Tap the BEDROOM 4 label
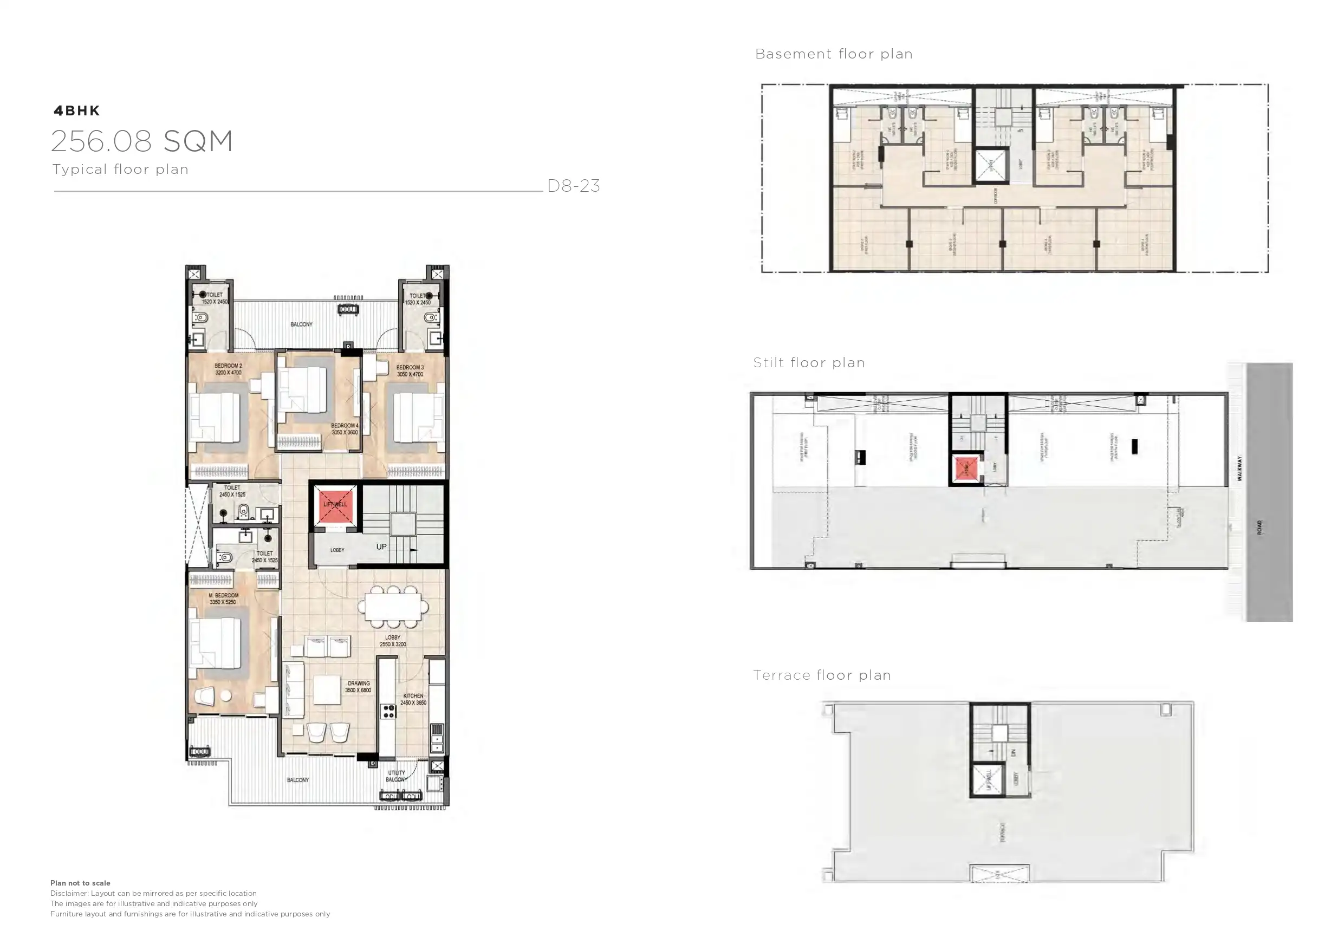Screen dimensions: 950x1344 coord(344,429)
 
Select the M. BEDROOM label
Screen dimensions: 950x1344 coord(223,598)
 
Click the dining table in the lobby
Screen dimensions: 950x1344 coord(393,607)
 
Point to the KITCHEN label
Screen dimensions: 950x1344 coord(413,699)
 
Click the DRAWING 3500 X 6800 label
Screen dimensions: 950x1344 coord(358,687)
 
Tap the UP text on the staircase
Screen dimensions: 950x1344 coord(381,546)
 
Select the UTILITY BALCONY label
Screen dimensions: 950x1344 coord(397,776)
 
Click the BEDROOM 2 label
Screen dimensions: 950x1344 coord(228,369)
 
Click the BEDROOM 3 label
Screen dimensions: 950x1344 coord(410,370)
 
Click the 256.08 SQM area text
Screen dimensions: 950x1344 coord(142,142)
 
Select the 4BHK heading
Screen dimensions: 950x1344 coord(77,110)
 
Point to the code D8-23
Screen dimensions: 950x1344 coord(573,186)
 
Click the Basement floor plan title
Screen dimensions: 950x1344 coord(834,54)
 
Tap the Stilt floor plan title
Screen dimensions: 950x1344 coord(808,363)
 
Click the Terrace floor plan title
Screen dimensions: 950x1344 coord(821,675)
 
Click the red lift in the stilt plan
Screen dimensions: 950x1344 coord(966,469)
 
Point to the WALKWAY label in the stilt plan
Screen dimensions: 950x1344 coord(1239,469)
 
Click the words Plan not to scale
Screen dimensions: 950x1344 coord(80,883)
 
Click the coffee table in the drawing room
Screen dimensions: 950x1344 coord(327,690)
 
